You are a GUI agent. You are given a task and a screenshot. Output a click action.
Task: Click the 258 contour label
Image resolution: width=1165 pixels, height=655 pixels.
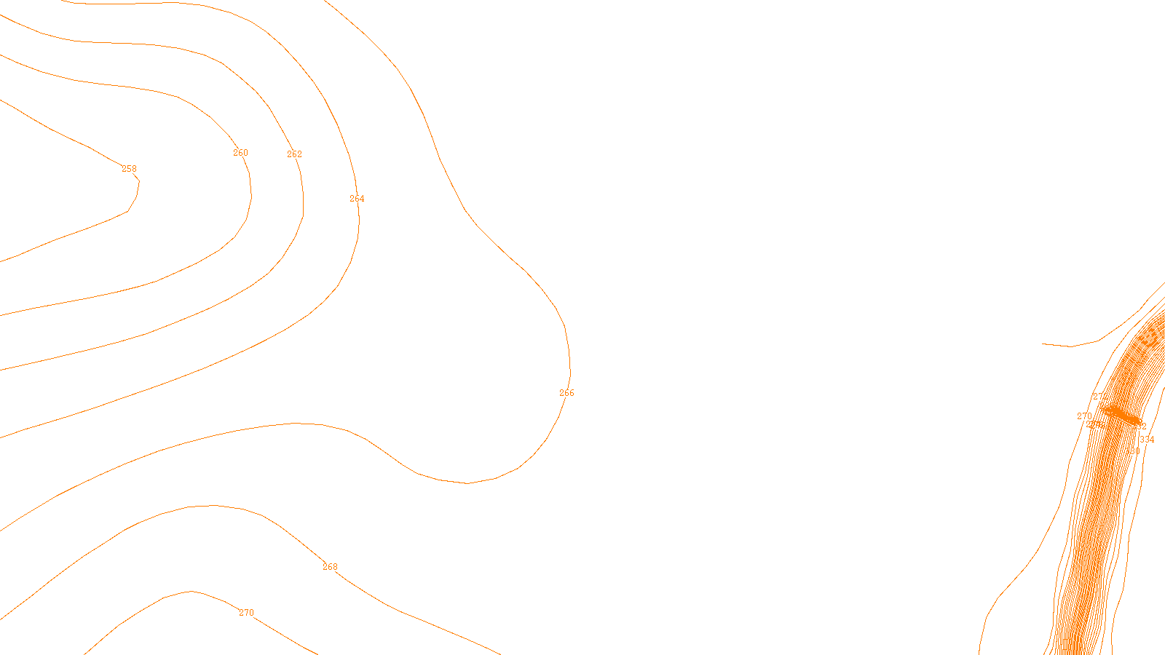click(129, 169)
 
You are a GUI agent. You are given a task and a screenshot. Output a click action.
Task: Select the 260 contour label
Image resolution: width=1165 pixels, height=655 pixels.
click(240, 153)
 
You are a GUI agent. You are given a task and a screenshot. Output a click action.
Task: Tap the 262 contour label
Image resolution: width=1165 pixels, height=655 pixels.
click(294, 154)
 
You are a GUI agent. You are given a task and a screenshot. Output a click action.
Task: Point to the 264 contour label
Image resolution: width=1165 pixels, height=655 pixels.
click(357, 199)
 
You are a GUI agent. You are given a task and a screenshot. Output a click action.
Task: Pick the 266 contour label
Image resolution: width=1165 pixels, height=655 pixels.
click(566, 393)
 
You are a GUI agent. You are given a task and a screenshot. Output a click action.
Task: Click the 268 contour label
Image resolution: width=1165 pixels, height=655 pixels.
click(330, 567)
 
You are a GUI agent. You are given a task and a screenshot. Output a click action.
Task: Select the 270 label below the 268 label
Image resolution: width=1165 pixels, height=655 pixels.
click(247, 613)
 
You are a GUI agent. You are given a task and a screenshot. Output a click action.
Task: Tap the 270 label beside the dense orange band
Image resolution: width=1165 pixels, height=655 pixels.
click(1084, 416)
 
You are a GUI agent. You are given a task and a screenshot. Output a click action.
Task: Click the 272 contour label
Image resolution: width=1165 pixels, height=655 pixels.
click(1099, 397)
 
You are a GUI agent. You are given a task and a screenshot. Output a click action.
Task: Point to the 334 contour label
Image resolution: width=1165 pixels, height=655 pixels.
click(1147, 440)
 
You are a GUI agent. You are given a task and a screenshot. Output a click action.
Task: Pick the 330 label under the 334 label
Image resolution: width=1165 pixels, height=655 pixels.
click(1133, 451)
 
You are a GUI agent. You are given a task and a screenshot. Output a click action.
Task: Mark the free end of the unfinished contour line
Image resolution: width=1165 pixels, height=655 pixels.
click(1043, 344)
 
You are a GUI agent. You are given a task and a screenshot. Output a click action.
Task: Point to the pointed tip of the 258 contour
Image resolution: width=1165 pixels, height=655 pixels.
click(138, 182)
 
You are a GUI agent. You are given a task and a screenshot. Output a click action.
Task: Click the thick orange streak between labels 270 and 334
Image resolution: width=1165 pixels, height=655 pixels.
click(1121, 415)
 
